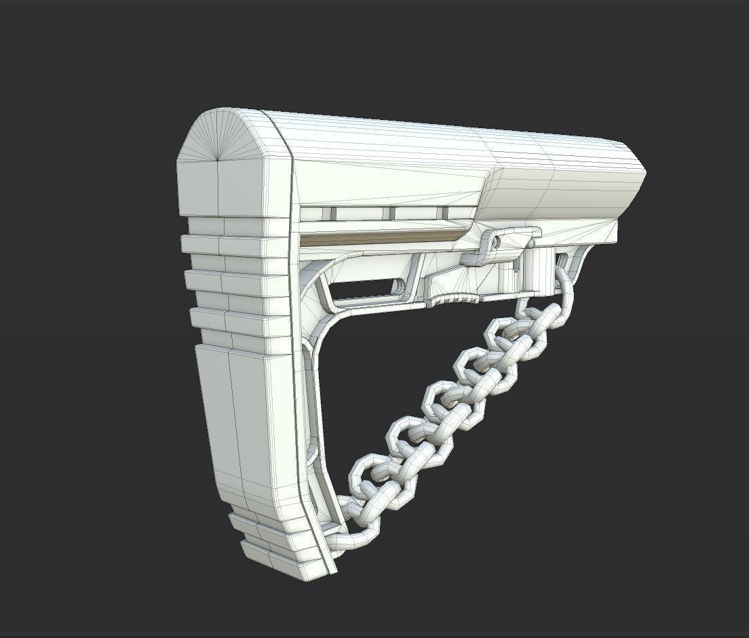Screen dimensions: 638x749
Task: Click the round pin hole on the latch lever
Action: click(x=497, y=241)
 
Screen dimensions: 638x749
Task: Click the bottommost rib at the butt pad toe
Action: click(x=278, y=559)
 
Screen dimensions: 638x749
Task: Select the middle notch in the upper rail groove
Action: click(x=391, y=214)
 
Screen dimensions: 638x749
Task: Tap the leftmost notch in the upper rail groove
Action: click(x=332, y=213)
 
